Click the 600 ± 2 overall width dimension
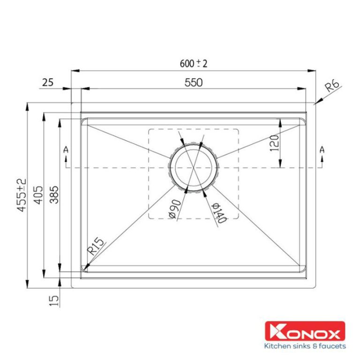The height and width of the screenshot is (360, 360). click(193, 64)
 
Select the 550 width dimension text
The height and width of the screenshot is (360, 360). click(193, 82)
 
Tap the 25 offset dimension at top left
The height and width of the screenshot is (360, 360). click(47, 82)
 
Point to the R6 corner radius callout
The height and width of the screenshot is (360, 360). click(332, 86)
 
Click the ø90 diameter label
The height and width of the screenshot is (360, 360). click(173, 209)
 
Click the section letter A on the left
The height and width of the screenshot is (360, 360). click(66, 150)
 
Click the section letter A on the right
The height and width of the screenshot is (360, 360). click(322, 150)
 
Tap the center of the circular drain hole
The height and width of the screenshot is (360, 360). click(193, 168)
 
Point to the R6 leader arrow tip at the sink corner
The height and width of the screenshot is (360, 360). click(315, 103)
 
